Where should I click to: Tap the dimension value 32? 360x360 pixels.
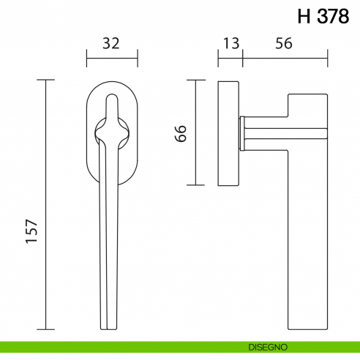(111, 43)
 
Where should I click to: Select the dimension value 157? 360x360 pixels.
(30, 233)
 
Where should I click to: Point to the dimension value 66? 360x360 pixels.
(181, 132)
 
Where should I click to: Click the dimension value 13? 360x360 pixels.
(230, 43)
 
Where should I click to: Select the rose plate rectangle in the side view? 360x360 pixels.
(229, 132)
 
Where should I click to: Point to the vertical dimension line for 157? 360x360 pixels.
(46, 205)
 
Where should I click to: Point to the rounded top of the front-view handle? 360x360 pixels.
(112, 95)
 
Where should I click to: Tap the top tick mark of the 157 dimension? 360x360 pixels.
(46, 80)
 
